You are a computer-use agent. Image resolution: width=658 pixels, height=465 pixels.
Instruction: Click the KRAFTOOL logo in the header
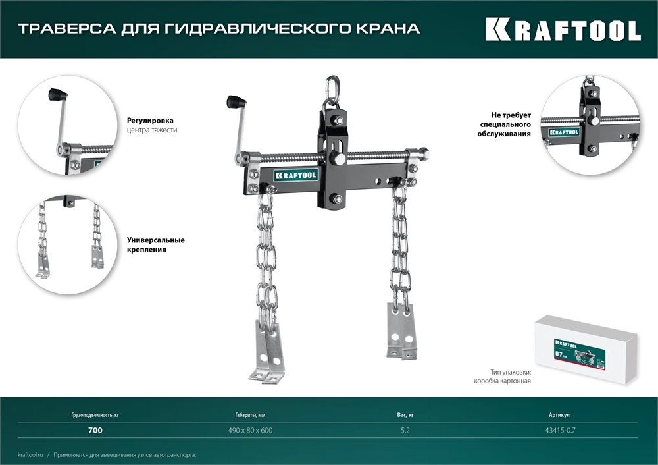(563, 30)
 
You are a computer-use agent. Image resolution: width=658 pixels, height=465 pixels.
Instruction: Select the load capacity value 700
(95, 431)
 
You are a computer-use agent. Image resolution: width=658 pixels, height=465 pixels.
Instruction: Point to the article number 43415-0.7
(562, 431)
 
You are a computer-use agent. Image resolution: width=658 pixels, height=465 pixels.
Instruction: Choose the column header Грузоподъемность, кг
(95, 416)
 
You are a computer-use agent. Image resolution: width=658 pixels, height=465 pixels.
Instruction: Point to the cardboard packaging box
(585, 346)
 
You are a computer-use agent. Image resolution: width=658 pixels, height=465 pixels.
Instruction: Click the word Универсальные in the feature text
(155, 240)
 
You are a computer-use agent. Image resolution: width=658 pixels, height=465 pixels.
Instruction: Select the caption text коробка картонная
(501, 381)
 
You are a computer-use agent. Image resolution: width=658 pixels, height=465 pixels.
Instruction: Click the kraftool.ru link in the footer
(30, 455)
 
